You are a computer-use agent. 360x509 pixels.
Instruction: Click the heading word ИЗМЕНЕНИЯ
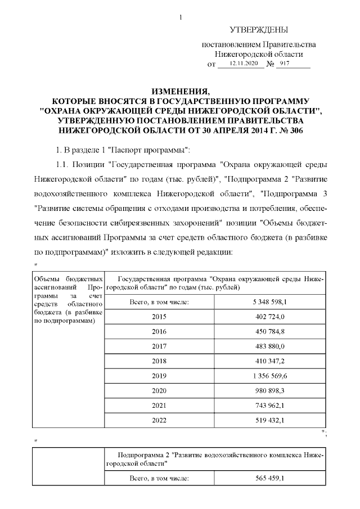180,91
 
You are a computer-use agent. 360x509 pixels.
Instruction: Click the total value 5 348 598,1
271,302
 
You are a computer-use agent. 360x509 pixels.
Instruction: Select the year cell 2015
159,317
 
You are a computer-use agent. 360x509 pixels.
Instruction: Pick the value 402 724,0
271,317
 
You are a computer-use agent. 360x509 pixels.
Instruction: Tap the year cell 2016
159,331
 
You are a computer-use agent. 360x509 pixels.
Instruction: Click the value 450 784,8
271,331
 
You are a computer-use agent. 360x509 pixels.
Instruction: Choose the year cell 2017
159,346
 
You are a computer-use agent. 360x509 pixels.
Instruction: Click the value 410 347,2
271,361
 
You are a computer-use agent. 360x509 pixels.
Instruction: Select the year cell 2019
159,375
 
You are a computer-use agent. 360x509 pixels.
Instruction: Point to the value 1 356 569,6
271,375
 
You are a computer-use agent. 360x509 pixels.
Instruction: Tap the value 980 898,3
271,390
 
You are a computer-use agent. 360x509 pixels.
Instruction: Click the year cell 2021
159,404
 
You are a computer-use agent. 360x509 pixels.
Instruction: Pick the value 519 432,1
271,419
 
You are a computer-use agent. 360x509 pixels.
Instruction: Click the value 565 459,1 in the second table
271,478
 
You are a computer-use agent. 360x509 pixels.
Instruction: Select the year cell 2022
159,419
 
